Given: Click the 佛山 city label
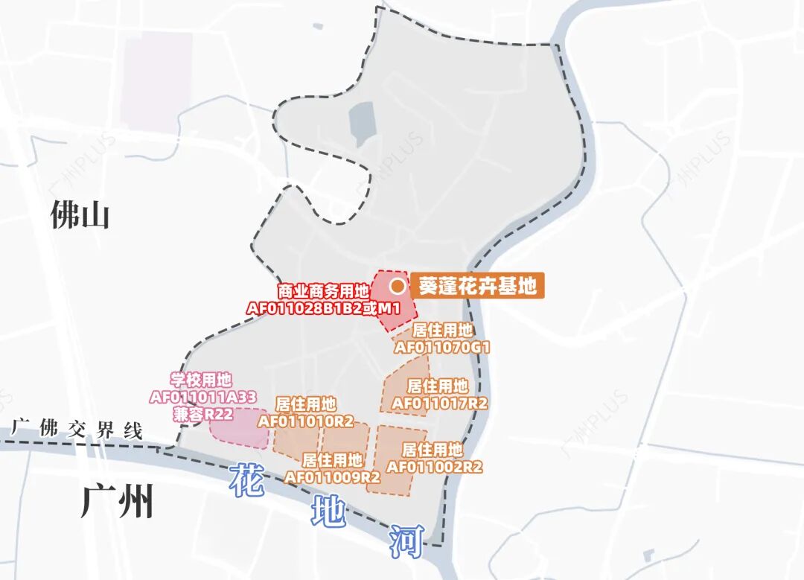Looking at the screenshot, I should pyautogui.click(x=80, y=216).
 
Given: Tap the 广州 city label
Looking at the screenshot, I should pyautogui.click(x=117, y=501).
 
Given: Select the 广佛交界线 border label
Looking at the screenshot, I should pyautogui.click(x=77, y=430).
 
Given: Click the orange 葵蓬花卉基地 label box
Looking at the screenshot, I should pyautogui.click(x=477, y=286).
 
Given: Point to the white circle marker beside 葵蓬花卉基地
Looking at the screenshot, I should pyautogui.click(x=398, y=286).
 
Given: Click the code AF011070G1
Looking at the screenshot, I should pyautogui.click(x=442, y=347).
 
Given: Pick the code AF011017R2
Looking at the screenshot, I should pyautogui.click(x=439, y=403).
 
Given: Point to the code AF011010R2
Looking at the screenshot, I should pyautogui.click(x=305, y=421).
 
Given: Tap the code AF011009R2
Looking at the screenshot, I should pyautogui.click(x=333, y=477).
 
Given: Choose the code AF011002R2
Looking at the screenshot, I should pyautogui.click(x=435, y=467).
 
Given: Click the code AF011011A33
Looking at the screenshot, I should pyautogui.click(x=202, y=397).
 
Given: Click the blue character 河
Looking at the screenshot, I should pyautogui.click(x=406, y=541).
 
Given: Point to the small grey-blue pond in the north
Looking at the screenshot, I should pyautogui.click(x=362, y=119).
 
